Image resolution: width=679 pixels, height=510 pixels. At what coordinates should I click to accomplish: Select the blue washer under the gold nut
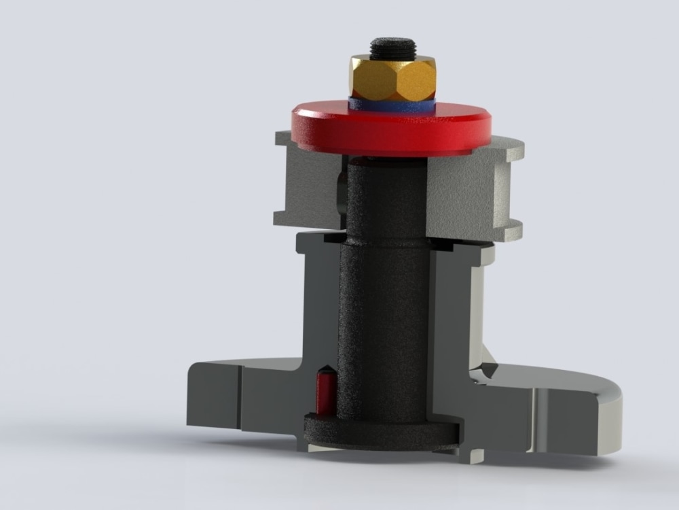tap(390, 104)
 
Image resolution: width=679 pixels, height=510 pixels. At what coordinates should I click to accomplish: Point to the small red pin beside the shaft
tap(324, 394)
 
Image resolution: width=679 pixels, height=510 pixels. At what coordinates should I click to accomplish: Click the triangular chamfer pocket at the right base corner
tap(486, 371)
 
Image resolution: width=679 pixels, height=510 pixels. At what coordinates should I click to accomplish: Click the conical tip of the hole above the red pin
tap(325, 373)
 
